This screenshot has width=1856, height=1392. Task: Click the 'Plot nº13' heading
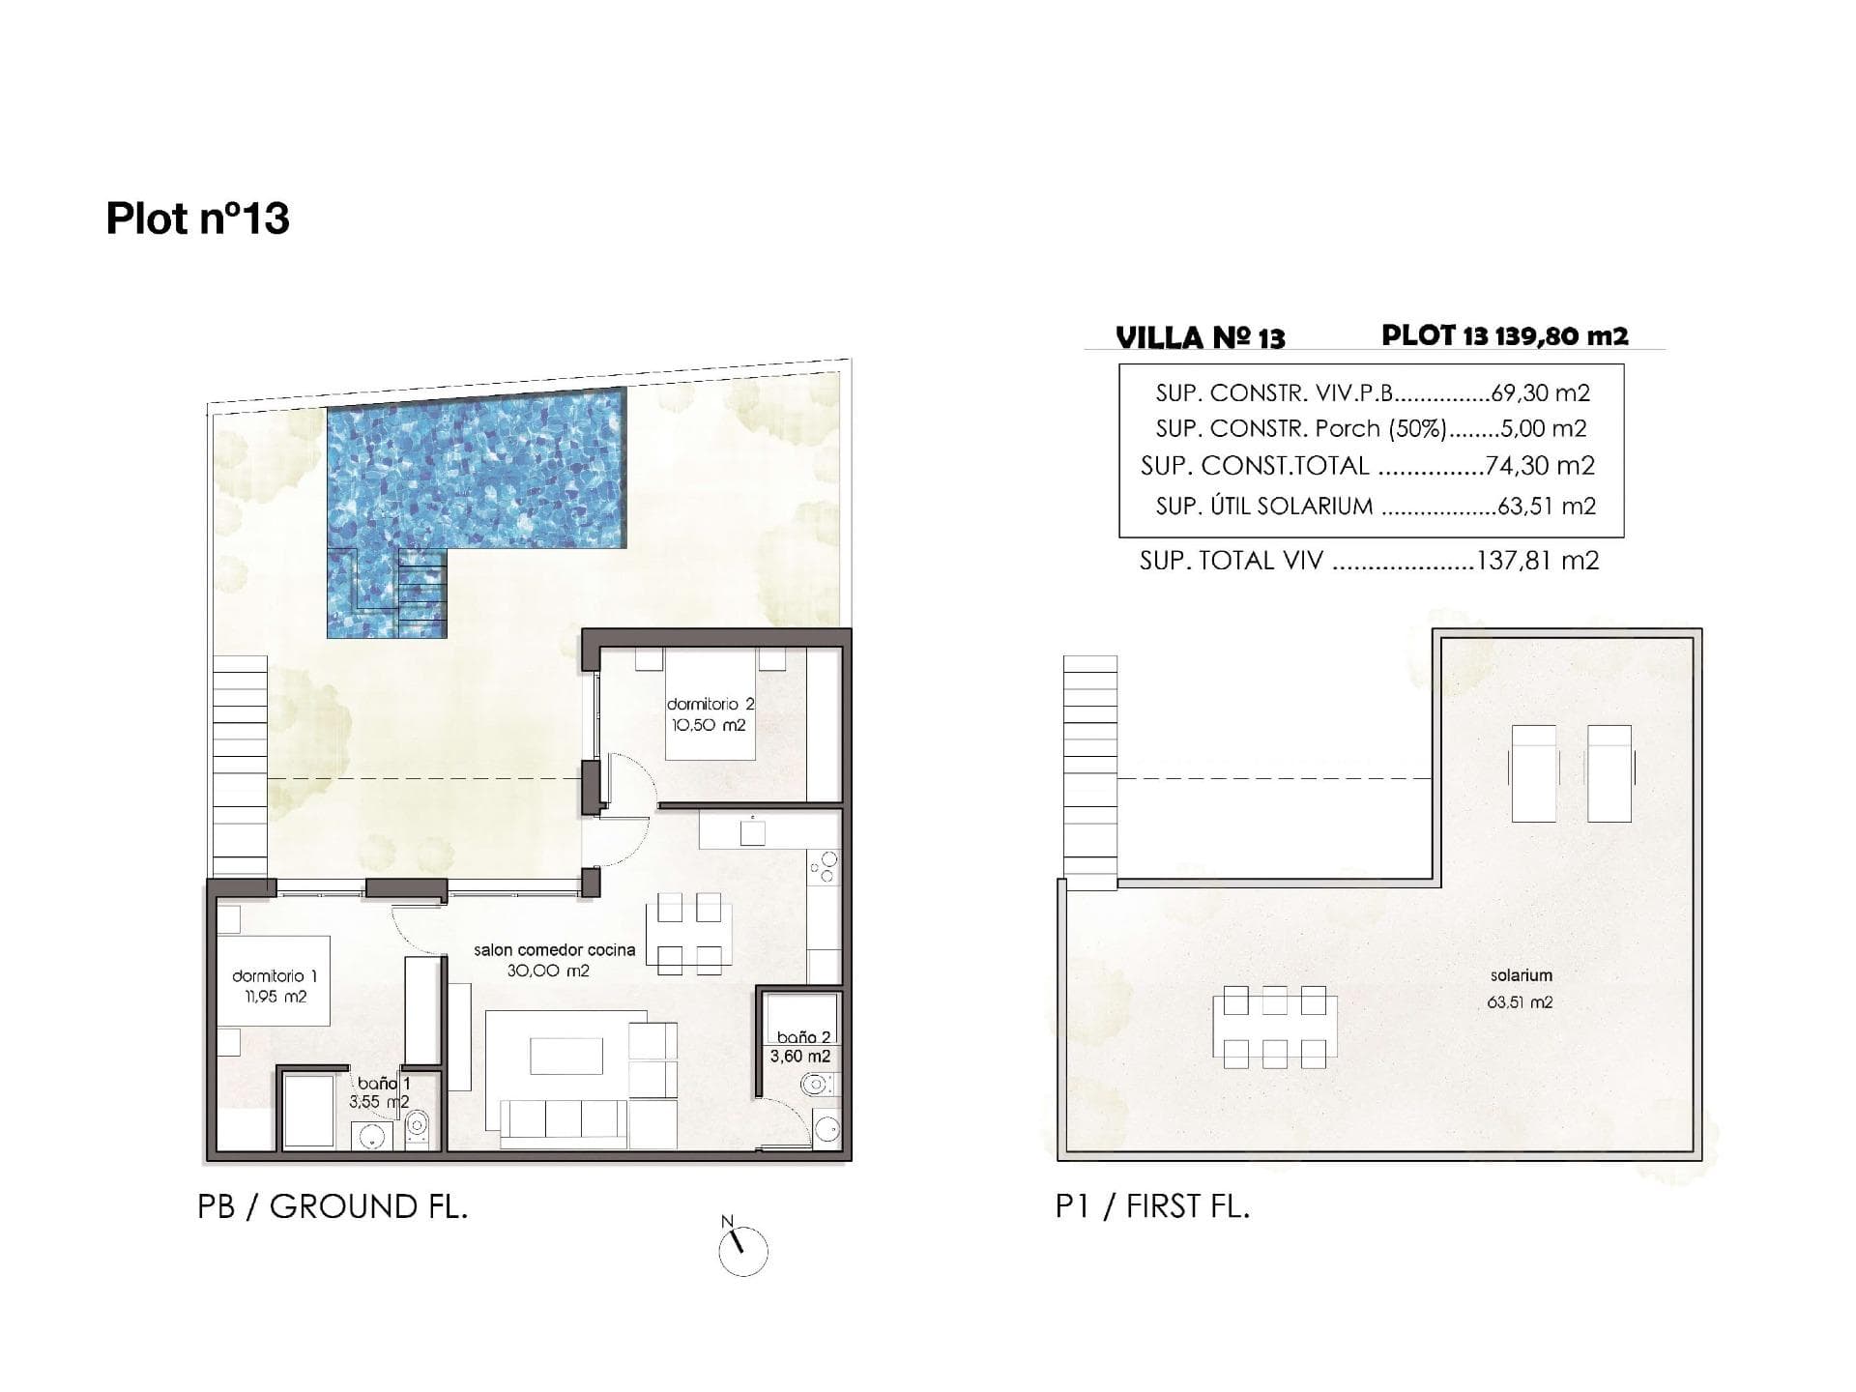click(197, 218)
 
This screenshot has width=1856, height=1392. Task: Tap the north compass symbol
click(742, 1252)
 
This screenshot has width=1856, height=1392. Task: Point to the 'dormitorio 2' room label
click(710, 705)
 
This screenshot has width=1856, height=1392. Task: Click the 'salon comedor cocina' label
click(554, 950)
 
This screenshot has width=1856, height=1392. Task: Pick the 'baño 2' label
click(803, 1037)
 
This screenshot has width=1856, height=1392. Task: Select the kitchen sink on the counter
click(752, 832)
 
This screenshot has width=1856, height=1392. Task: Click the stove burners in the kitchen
click(824, 866)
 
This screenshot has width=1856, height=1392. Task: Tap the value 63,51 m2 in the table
click(1546, 506)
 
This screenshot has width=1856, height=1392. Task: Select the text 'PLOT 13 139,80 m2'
click(1504, 335)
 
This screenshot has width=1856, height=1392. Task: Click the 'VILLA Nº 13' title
click(1200, 338)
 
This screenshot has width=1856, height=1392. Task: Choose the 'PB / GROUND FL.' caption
click(333, 1207)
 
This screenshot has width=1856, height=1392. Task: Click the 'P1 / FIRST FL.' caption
click(1152, 1207)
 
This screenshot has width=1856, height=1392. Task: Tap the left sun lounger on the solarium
click(1534, 773)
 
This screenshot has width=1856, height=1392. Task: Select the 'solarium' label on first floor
click(1521, 976)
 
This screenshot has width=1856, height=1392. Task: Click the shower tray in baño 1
click(307, 1111)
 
